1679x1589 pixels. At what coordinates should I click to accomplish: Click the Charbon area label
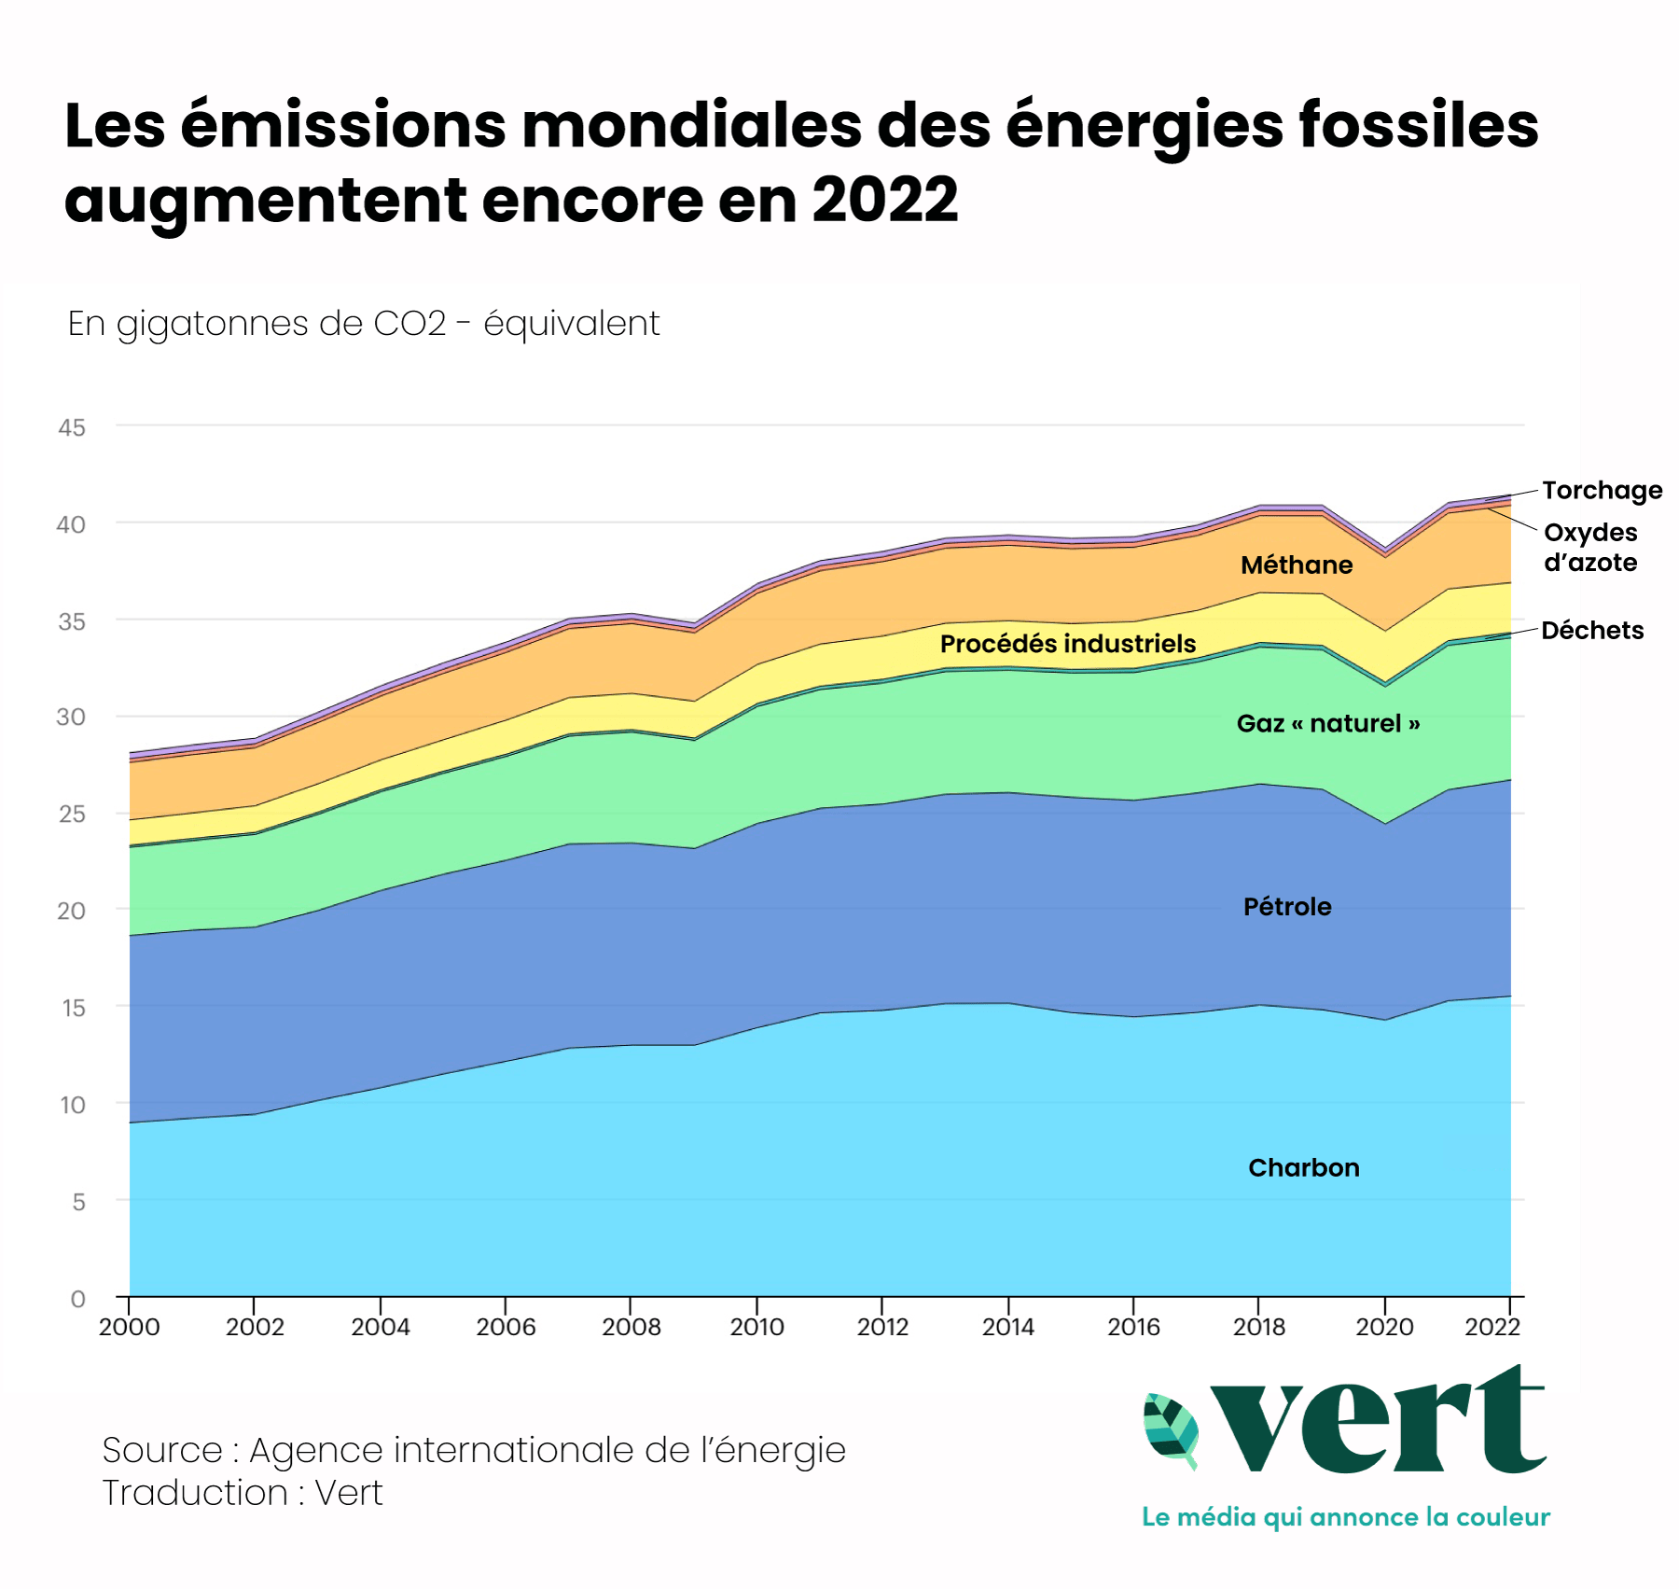[x=1303, y=1167]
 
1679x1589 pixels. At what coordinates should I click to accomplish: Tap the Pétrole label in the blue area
[x=1287, y=906]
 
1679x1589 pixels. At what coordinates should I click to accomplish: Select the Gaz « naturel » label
[x=1327, y=723]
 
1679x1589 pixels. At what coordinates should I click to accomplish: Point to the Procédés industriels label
[x=1067, y=644]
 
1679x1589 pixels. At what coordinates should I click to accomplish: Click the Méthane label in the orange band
[x=1297, y=565]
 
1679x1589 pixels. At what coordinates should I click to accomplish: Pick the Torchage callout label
[x=1602, y=490]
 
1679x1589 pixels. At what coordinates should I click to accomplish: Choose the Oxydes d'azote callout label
[x=1590, y=547]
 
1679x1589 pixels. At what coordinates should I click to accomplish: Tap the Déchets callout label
[x=1591, y=630]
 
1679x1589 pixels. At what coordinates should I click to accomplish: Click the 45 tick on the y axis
[x=72, y=427]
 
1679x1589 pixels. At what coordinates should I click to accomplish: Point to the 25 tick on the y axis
[x=72, y=814]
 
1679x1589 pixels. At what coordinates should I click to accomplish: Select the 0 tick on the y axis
[x=77, y=1298]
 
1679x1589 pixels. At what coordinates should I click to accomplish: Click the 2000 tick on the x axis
[x=130, y=1326]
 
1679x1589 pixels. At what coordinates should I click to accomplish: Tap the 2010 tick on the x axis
[x=756, y=1326]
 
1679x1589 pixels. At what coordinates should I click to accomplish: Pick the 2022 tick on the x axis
[x=1492, y=1326]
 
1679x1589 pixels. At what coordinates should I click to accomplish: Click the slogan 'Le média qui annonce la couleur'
[x=1345, y=1516]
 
